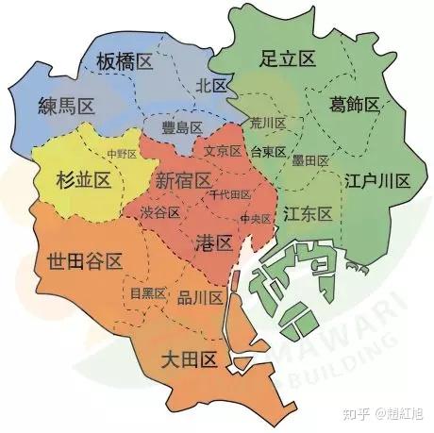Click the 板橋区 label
click(x=123, y=63)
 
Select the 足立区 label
click(x=287, y=58)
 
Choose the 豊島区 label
click(x=183, y=127)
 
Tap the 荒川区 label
click(x=268, y=124)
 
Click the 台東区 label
click(x=268, y=150)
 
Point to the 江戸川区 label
click(x=376, y=179)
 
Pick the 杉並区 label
click(x=84, y=178)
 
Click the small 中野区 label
click(x=123, y=153)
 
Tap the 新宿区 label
click(x=183, y=179)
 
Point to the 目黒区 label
click(x=148, y=293)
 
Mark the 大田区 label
click(x=190, y=358)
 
